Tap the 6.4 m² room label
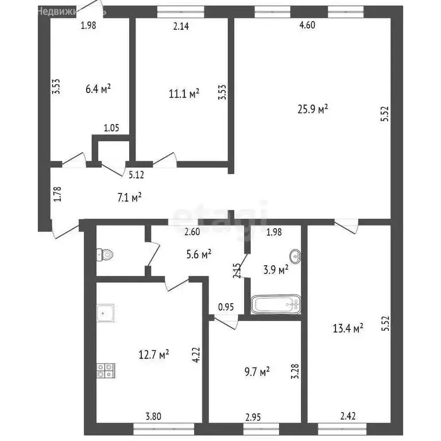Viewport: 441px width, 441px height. [x=98, y=89]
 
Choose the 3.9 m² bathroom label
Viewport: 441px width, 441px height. [x=276, y=270]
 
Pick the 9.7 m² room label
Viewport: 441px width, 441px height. [x=257, y=373]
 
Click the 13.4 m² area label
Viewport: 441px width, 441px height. [x=349, y=328]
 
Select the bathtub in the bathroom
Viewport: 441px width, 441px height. [x=276, y=304]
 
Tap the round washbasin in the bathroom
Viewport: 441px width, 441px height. [x=295, y=254]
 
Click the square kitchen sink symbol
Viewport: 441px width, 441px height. [x=105, y=312]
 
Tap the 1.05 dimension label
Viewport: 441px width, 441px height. [x=111, y=129]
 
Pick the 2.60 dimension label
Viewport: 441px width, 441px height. [x=192, y=232]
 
